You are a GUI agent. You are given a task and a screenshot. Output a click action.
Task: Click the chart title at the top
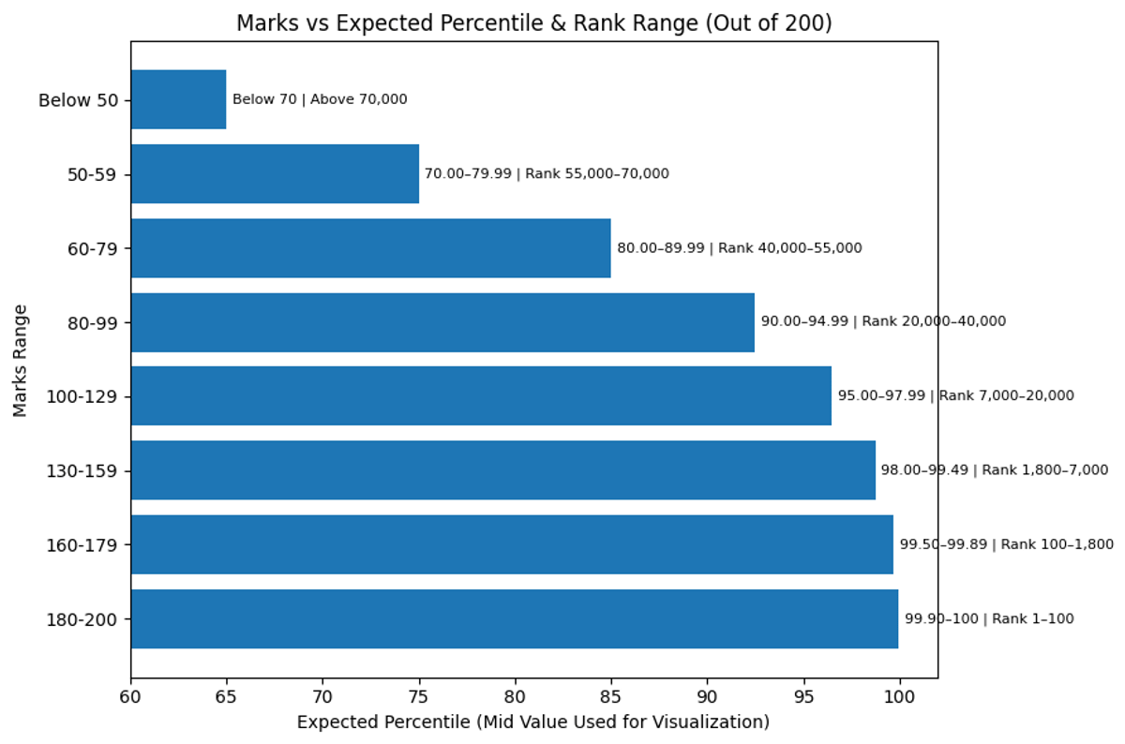pyautogui.click(x=533, y=22)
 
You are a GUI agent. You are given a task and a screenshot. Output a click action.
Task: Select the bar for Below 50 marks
pyautogui.click(x=178, y=99)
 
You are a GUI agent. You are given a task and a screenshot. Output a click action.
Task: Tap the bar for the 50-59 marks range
pyautogui.click(x=275, y=173)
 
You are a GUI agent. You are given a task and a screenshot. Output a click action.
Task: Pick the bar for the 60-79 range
pyautogui.click(x=370, y=248)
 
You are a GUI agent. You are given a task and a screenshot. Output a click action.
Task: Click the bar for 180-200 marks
pyautogui.click(x=514, y=618)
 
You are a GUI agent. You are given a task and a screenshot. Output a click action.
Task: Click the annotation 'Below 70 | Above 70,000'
pyautogui.click(x=320, y=99)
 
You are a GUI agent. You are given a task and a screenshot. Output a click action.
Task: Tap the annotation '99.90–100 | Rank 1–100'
pyautogui.click(x=989, y=618)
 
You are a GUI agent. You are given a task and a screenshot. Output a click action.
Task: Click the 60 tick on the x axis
pyautogui.click(x=130, y=696)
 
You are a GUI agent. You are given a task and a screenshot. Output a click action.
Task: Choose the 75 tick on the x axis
pyautogui.click(x=419, y=696)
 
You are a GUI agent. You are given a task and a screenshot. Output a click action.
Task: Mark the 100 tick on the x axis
pyautogui.click(x=899, y=696)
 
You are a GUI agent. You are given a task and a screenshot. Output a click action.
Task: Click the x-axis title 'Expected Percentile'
pyautogui.click(x=532, y=722)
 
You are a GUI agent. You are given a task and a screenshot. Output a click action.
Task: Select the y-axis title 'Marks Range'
pyautogui.click(x=21, y=360)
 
